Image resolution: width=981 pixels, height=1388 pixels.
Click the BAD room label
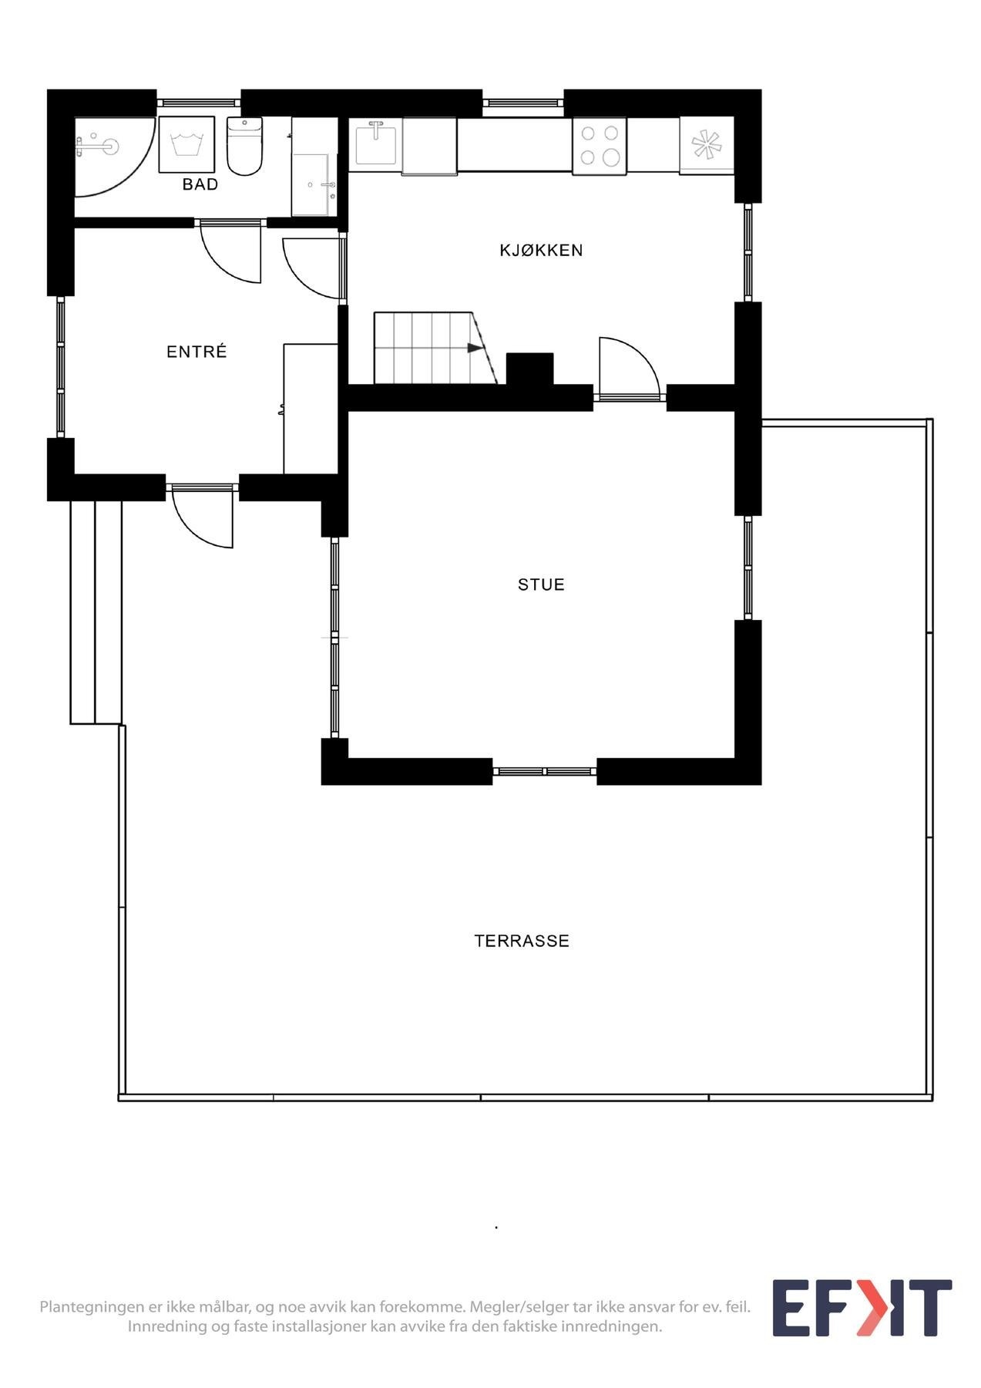click(200, 184)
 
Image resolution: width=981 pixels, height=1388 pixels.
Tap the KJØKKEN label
click(541, 250)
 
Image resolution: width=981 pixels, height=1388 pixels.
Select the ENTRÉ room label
click(197, 352)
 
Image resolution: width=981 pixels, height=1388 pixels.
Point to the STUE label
click(541, 585)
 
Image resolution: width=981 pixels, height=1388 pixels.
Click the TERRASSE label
click(522, 941)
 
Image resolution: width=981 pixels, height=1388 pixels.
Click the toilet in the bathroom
click(245, 147)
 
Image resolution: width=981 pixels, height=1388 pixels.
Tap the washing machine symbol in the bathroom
click(186, 144)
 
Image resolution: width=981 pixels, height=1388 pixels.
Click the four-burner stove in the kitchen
click(600, 145)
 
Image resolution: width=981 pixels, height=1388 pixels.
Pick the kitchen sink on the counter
click(376, 143)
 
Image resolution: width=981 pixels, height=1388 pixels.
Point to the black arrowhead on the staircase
click(475, 348)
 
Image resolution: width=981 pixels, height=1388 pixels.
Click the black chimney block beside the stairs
click(529, 369)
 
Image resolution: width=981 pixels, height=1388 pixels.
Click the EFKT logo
click(862, 1308)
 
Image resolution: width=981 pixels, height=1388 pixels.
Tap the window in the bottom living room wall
click(544, 771)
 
